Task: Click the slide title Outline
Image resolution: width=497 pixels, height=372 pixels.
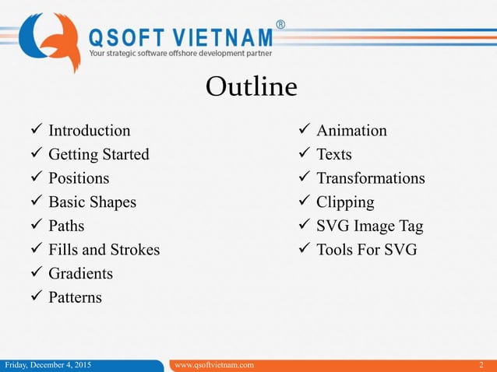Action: pos(251,86)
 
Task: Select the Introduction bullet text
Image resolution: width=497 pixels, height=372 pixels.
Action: pos(89,130)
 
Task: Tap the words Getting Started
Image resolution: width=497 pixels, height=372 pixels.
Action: pos(98,154)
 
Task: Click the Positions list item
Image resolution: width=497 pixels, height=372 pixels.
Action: pos(79,178)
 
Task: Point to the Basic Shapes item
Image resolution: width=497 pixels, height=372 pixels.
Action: pos(92,202)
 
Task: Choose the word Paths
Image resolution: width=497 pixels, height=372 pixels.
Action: pos(66,226)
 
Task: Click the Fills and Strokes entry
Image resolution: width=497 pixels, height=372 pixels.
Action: pos(104,250)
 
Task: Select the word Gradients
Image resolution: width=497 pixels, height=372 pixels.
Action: pos(80,274)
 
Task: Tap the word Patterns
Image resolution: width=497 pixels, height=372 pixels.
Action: pos(75,298)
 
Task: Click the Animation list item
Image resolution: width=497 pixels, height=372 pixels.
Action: pos(351,130)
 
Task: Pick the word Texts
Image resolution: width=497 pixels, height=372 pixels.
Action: pos(333,154)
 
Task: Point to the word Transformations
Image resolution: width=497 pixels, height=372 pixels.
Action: pos(370,178)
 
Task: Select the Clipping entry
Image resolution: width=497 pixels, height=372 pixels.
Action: pos(344,202)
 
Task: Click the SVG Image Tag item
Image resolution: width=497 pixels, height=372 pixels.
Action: pos(369,226)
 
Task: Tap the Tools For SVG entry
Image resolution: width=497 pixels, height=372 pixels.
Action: pos(366,250)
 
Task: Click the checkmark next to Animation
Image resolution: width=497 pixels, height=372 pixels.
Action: pos(305,130)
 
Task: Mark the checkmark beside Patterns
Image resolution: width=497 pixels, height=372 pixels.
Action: pos(37,298)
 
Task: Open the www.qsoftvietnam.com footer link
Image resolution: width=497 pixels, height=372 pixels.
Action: pos(213,365)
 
